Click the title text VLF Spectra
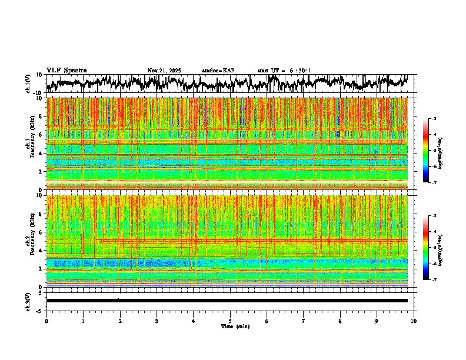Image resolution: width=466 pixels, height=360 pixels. (x=66, y=71)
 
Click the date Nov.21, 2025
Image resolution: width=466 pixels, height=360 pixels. (x=164, y=71)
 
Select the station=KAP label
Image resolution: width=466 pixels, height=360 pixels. (x=218, y=71)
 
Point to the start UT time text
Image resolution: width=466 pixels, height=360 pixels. (x=284, y=71)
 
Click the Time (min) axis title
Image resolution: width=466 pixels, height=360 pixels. (x=235, y=326)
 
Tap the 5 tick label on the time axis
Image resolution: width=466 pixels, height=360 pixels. (x=230, y=321)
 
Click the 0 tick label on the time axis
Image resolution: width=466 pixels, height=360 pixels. (x=46, y=321)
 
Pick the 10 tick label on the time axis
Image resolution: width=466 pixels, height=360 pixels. (x=414, y=321)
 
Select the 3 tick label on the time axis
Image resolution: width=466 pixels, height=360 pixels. (x=157, y=321)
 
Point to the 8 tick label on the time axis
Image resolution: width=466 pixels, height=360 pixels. (x=340, y=321)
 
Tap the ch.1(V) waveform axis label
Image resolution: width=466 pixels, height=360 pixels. (x=28, y=84)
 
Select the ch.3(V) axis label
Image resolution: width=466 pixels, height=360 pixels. (x=28, y=301)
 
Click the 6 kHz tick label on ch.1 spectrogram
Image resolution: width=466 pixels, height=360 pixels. (x=40, y=135)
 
